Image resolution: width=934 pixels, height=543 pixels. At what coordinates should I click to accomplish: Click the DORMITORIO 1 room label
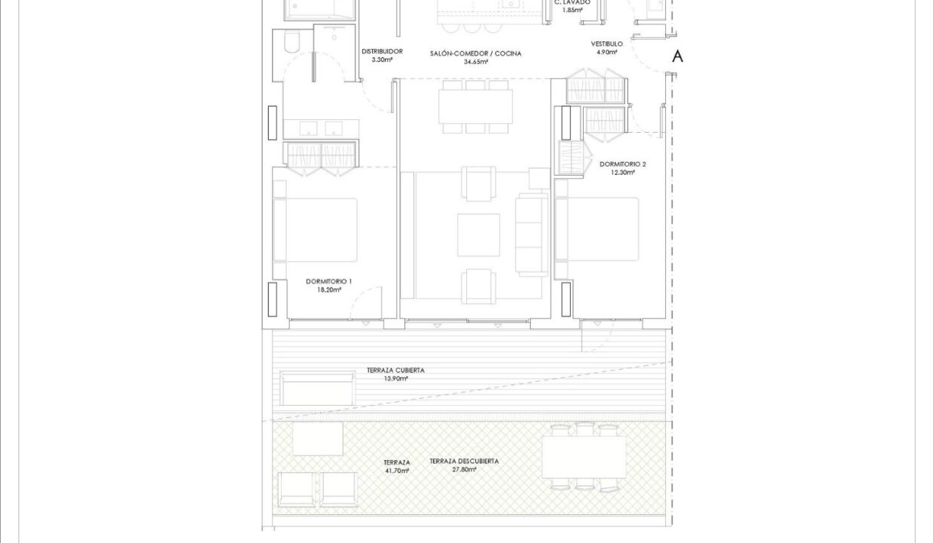point(328,281)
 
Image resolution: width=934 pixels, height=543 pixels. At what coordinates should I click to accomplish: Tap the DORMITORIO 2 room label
point(622,164)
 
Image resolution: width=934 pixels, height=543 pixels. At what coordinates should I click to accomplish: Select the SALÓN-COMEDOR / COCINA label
point(476,54)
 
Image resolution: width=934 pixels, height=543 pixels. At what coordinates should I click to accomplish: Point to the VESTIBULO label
point(606,44)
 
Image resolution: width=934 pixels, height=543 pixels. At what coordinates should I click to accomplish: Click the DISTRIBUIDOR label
point(382,51)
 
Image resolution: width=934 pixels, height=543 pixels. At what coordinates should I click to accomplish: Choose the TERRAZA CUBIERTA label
point(395,370)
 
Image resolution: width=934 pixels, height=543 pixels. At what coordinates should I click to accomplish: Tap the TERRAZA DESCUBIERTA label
point(464,462)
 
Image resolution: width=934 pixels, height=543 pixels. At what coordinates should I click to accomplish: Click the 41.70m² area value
point(396,471)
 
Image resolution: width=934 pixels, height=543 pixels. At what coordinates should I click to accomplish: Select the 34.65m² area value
point(476,62)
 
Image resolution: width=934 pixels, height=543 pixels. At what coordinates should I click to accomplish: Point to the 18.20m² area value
point(329,290)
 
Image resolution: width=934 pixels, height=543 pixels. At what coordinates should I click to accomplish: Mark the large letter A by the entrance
point(678,57)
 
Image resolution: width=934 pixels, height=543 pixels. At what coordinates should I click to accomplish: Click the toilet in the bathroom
point(292,41)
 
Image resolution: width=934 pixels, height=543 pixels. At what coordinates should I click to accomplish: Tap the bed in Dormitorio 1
point(316,230)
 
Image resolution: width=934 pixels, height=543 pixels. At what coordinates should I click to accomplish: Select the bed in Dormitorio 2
point(597,229)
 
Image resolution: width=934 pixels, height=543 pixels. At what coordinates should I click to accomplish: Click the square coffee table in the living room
point(479,235)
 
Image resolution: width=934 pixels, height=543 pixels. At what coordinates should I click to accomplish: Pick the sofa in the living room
point(532,234)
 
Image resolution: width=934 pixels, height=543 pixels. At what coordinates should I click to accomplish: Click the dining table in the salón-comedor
point(476,106)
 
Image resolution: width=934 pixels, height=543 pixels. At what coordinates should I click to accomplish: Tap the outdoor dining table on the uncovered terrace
point(585,457)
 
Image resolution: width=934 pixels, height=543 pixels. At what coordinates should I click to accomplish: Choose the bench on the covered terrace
point(318,389)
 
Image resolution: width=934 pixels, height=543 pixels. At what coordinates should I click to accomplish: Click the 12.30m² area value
point(623,173)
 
